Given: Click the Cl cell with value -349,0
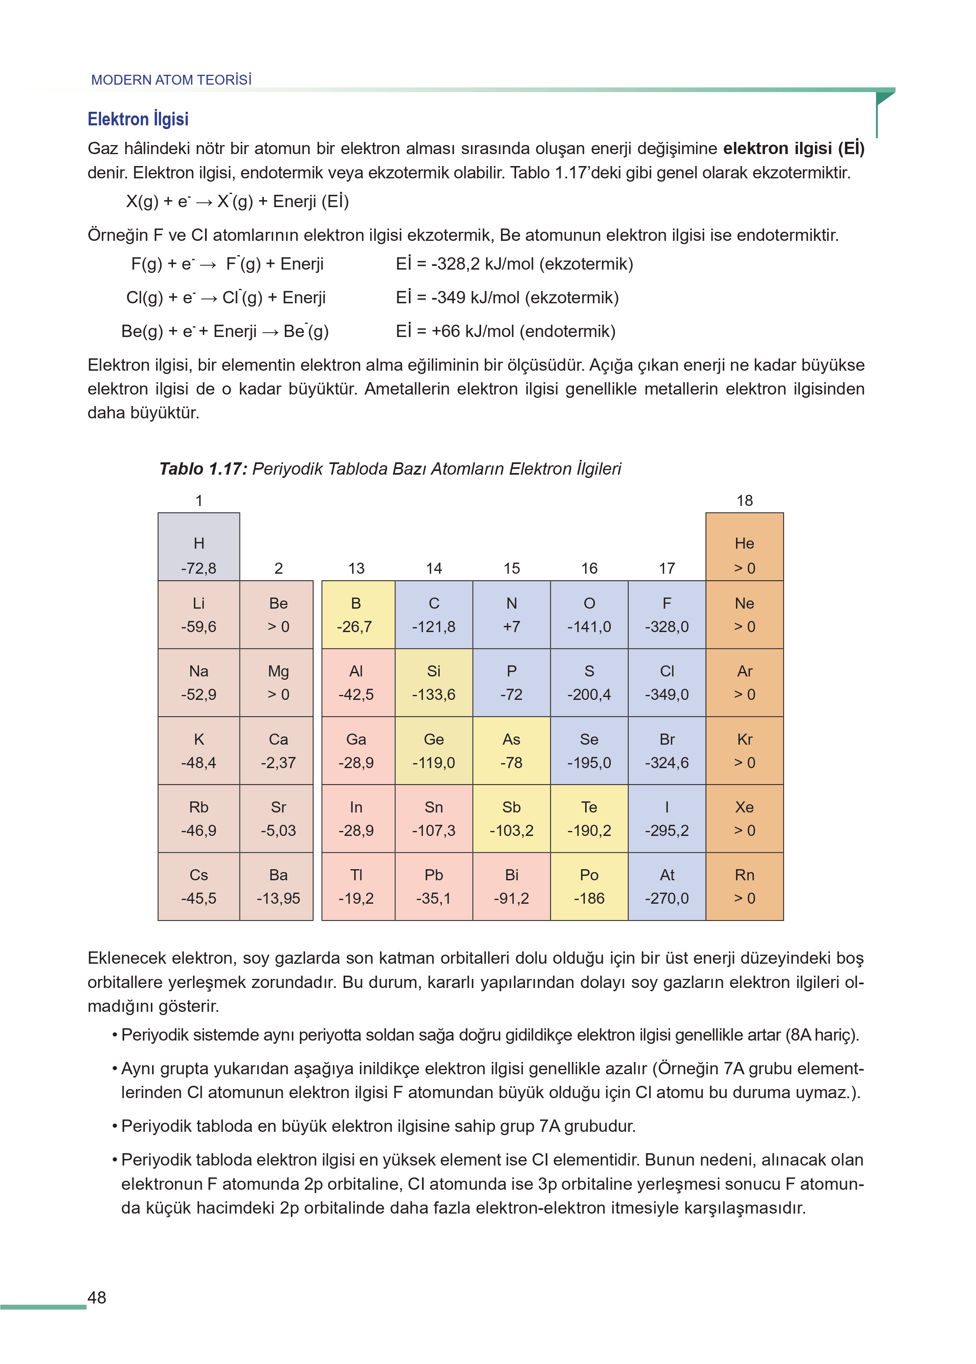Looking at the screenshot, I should click(667, 683).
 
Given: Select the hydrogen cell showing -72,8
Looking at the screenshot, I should click(198, 555).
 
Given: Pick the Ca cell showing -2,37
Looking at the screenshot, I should click(278, 750).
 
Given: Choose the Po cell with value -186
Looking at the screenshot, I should click(588, 886).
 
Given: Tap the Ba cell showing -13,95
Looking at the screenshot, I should click(278, 886).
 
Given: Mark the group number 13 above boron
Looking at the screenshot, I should click(356, 568).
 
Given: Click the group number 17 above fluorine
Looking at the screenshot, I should click(667, 568).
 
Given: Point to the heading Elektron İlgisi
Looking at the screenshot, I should click(138, 119).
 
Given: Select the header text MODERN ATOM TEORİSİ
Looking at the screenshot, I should click(171, 80).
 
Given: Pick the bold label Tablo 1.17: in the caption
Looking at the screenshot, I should click(203, 469).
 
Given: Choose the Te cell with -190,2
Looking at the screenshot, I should click(588, 818).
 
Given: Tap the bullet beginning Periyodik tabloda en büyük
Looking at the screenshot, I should click(378, 1126).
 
